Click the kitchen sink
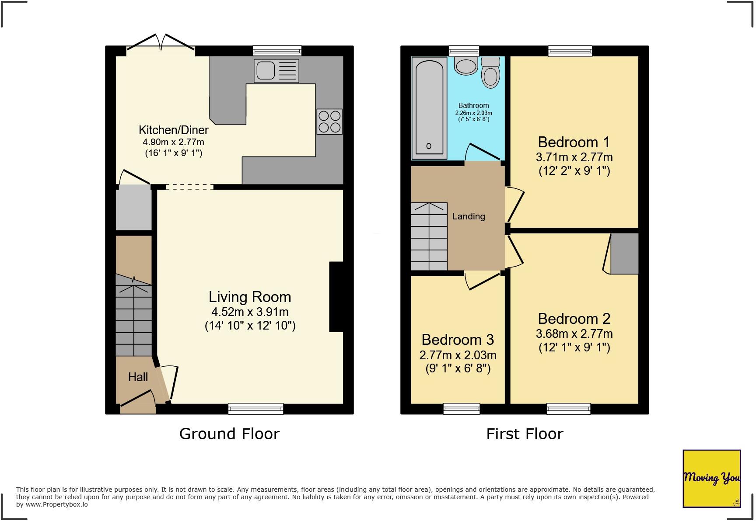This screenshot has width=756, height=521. (276, 71)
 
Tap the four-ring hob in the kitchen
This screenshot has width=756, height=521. (329, 122)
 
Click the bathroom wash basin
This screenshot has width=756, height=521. (466, 66)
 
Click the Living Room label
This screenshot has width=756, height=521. (250, 297)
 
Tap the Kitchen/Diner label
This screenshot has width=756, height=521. (173, 130)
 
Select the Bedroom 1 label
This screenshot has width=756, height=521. (574, 142)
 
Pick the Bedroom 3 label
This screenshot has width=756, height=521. (458, 340)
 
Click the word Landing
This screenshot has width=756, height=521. (469, 216)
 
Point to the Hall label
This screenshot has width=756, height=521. (138, 377)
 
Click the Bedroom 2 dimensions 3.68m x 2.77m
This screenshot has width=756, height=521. (574, 334)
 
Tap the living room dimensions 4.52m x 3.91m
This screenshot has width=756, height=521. (250, 312)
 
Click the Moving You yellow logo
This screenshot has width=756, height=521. (712, 479)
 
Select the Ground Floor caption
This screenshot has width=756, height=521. (229, 434)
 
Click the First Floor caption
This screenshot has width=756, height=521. (525, 434)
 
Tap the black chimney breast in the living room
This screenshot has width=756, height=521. (336, 297)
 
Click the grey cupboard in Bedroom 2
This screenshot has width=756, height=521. (624, 254)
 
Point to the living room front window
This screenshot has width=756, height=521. (255, 409)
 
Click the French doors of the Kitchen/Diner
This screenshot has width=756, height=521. (161, 45)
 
